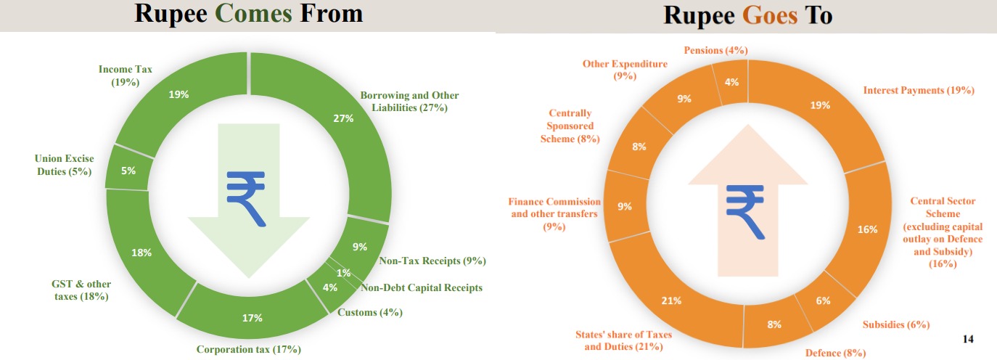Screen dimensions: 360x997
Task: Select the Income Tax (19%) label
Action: [126, 75]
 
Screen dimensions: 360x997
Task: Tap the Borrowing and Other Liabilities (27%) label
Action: [409, 102]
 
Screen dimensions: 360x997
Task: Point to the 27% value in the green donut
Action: [343, 118]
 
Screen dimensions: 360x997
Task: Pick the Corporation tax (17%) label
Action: [248, 349]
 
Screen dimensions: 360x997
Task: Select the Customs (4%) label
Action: [370, 312]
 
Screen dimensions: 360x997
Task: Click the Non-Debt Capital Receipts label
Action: [421, 287]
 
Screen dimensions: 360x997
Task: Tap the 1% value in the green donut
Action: [343, 273]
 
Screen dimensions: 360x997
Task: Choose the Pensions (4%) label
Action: [715, 50]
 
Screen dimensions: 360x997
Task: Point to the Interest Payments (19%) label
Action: [919, 90]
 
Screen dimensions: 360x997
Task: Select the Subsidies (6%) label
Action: [895, 324]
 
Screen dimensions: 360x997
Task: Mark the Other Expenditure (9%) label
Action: [625, 69]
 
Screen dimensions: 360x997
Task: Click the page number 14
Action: [967, 338]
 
